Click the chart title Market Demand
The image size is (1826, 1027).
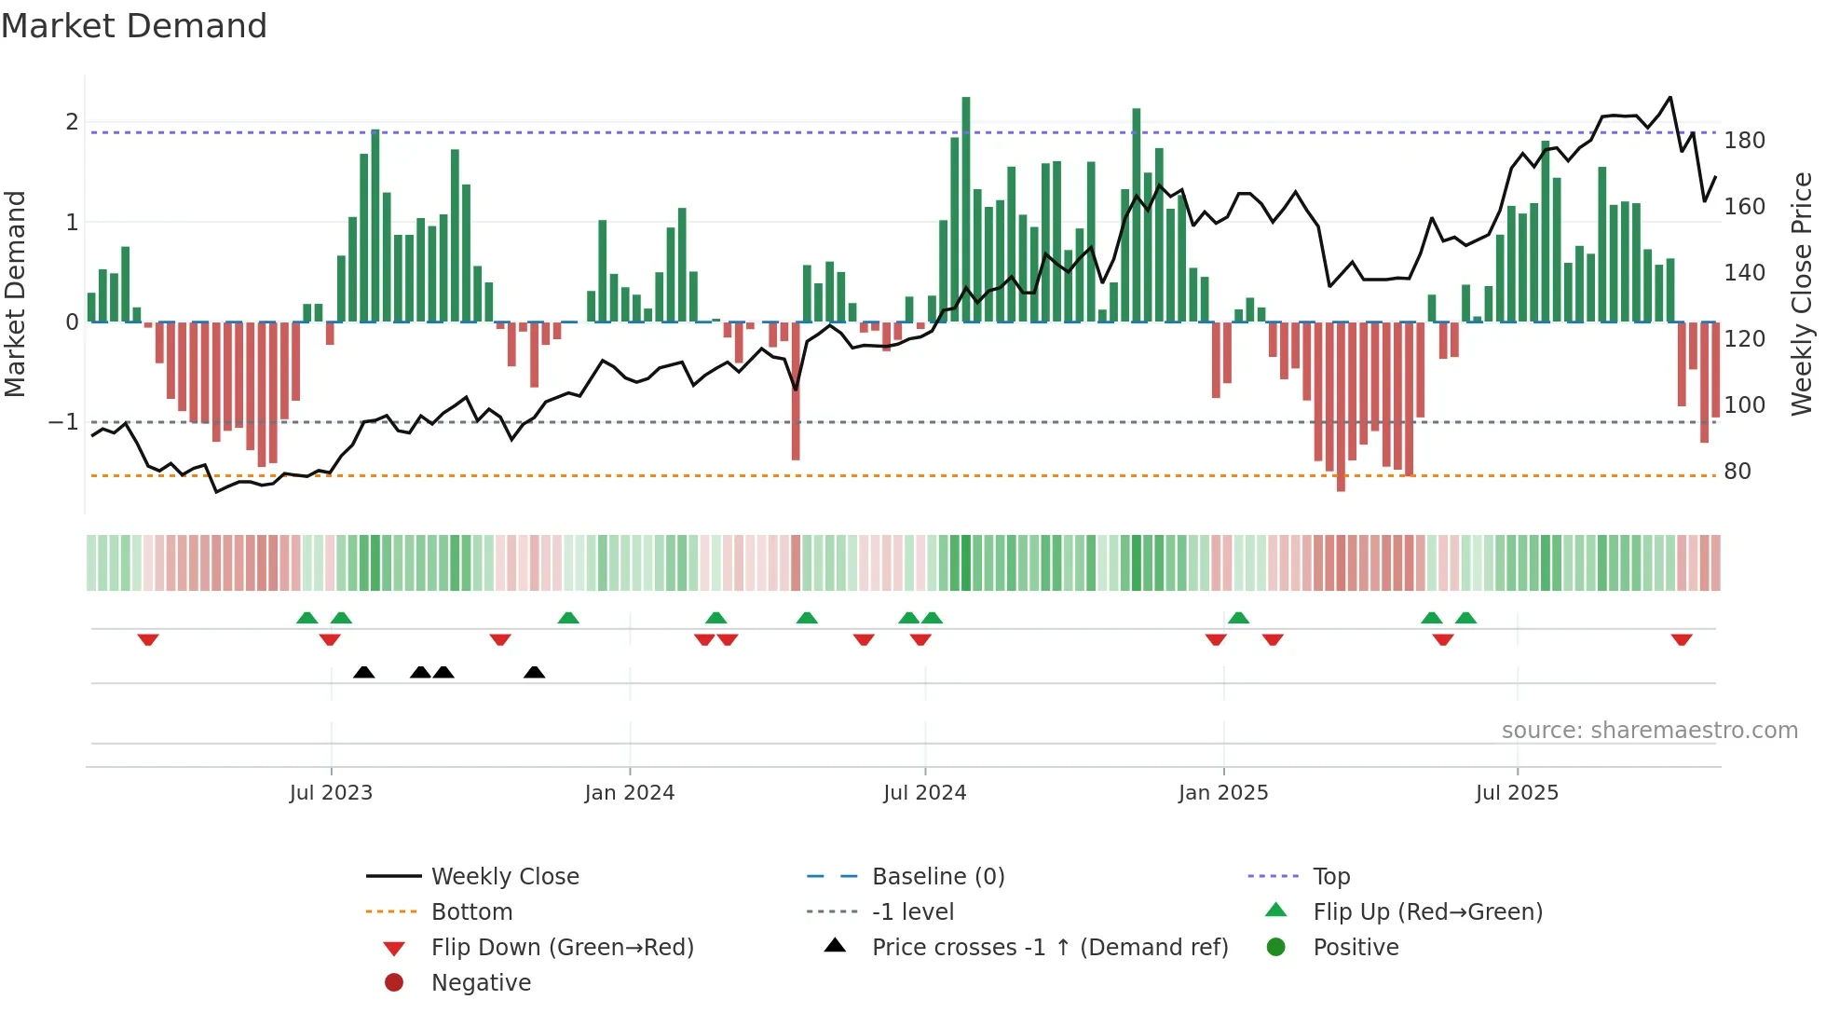[134, 26]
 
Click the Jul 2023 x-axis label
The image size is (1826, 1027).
[331, 793]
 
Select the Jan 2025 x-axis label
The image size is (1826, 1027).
[1223, 793]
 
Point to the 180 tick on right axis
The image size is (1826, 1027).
[1744, 141]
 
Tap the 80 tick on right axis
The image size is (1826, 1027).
[1737, 472]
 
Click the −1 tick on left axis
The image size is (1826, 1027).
[64, 422]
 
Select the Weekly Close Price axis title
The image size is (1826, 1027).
[1802, 294]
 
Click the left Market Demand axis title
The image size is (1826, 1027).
[16, 294]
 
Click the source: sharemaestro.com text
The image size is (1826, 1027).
[1649, 731]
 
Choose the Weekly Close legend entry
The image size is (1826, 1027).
[505, 877]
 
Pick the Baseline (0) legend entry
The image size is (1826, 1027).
[938, 877]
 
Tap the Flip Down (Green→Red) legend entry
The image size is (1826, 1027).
[562, 948]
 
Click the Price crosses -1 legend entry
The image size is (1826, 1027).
[1049, 948]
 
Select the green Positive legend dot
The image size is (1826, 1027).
[1276, 948]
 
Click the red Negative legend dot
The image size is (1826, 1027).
[394, 983]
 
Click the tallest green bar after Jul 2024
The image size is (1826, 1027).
[966, 210]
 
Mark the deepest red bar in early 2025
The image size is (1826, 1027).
[1341, 406]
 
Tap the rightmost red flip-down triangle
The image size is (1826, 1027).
[1682, 640]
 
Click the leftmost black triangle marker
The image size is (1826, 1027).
[364, 672]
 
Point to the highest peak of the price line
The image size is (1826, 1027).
[1669, 97]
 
